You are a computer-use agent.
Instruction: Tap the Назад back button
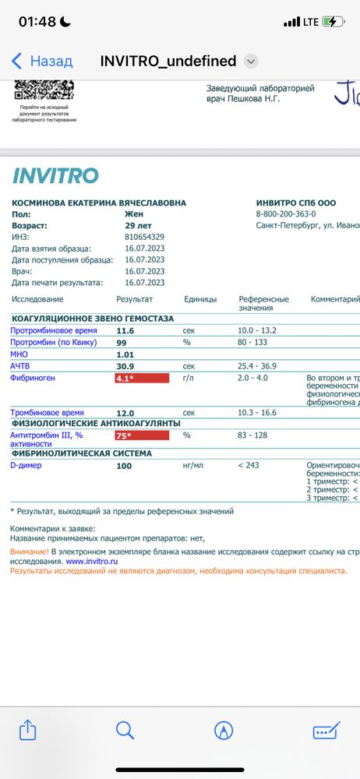[42, 61]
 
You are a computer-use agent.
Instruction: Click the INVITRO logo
[55, 175]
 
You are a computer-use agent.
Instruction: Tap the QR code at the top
[44, 90]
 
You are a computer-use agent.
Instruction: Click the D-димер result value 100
[124, 466]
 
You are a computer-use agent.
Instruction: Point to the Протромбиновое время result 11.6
[125, 331]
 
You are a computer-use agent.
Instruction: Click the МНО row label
[19, 354]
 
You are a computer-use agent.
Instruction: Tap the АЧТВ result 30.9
[125, 366]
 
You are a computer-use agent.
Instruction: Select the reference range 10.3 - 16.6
[258, 413]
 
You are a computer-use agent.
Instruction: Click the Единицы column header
[200, 299]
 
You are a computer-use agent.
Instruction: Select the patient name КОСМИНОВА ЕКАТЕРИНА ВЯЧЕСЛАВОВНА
[99, 203]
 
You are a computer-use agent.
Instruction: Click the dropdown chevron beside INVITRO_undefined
[251, 61]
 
